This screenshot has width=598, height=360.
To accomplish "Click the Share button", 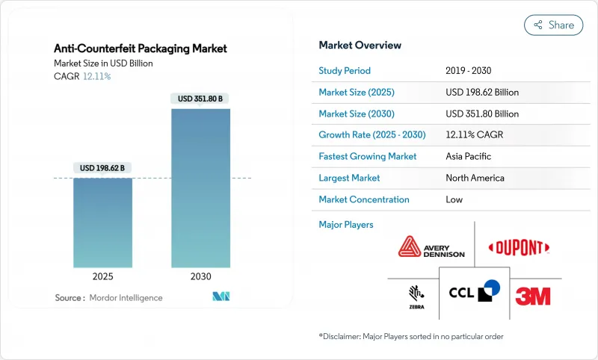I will click(553, 25).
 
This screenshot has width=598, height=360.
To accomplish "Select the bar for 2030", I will click(200, 187).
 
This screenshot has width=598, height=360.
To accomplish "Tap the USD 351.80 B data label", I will click(200, 99).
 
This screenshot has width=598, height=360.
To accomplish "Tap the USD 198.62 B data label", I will click(102, 168).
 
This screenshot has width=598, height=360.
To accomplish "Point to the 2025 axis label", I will click(102, 276).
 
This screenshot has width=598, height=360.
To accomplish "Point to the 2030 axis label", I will click(200, 276).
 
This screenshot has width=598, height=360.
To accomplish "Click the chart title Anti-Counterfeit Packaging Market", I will click(141, 49).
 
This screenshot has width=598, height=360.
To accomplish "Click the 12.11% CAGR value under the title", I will click(97, 76).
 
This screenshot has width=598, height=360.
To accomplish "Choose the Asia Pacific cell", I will click(469, 157).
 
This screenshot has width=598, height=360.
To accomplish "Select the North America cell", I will click(475, 178).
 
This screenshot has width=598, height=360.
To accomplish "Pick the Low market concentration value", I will click(454, 199).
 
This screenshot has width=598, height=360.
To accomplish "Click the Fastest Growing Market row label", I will click(368, 157).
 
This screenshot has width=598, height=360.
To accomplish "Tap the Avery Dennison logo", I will click(431, 246).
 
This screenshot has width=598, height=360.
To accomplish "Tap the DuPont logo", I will click(519, 247).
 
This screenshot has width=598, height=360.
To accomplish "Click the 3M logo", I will click(533, 296).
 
